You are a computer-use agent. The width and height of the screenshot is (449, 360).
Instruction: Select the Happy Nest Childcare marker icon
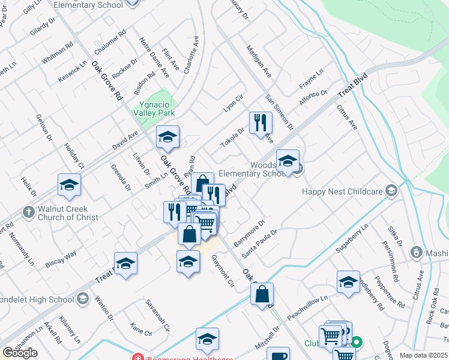pyautogui.click(x=392, y=191)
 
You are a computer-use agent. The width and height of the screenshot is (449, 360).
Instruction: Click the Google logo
pyautogui.click(x=20, y=353)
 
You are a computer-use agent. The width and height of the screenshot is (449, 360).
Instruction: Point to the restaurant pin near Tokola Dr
pyautogui.click(x=261, y=124)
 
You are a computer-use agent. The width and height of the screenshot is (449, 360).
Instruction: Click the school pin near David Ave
pyautogui.click(x=168, y=137)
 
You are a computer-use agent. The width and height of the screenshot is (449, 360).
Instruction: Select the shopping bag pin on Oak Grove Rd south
pyautogui.click(x=262, y=295)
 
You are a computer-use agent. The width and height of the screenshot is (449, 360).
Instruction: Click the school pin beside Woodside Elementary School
pyautogui.click(x=288, y=161)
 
